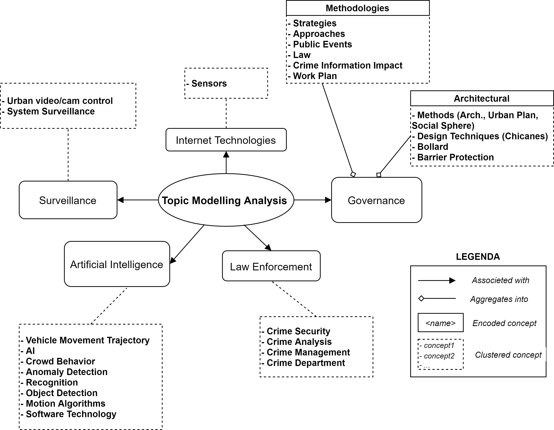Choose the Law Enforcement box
pyautogui.click(x=271, y=266)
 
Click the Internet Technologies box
pyautogui.click(x=226, y=140)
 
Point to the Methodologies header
pyautogui.click(x=357, y=8)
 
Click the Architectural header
pyautogui.click(x=481, y=98)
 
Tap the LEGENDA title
pyautogui.click(x=478, y=257)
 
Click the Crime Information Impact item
pyautogui.click(x=348, y=66)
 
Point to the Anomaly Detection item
pyautogui.click(x=66, y=372)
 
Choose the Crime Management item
pyautogui.click(x=308, y=352)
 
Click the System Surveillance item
pyautogui.click(x=51, y=111)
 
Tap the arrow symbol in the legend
pyautogui.click(x=437, y=281)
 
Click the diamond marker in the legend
pyautogui.click(x=421, y=299)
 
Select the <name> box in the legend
pyautogui.click(x=440, y=323)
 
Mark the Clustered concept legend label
pyautogui.click(x=508, y=355)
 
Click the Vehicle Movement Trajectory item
pyautogui.click(x=88, y=340)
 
